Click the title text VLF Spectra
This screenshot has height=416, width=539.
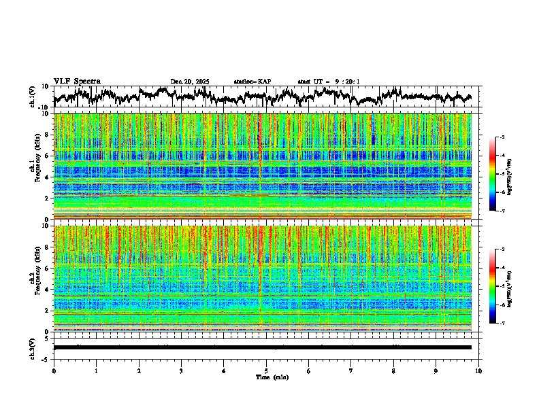coord(77,81)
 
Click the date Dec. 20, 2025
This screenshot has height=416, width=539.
coord(190,82)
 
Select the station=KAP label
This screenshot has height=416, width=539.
coord(252,82)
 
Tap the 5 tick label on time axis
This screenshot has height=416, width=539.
coord(266,371)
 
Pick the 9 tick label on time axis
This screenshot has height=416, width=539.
coord(436,371)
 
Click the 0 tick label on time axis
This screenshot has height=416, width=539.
coord(54,371)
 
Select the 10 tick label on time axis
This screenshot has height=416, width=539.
coord(479,371)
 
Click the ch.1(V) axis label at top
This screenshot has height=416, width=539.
coord(32,97)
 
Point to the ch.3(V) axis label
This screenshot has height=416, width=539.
coord(32,347)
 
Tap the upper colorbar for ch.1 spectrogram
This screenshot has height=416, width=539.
coord(500,174)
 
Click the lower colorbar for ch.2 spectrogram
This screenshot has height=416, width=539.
coord(500,286)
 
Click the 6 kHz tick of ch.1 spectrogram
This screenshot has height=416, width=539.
coord(46,156)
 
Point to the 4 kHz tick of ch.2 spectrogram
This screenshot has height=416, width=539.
coord(46,290)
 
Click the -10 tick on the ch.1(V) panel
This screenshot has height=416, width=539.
coord(44,107)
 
